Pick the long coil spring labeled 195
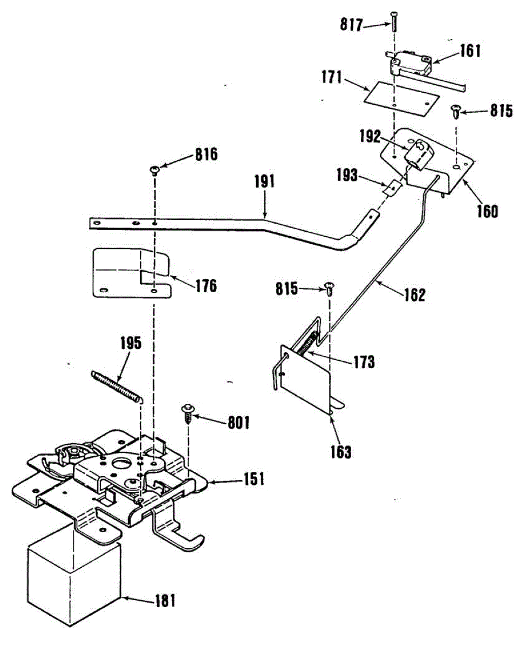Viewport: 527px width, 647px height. point(118,387)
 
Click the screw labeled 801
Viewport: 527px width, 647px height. point(189,415)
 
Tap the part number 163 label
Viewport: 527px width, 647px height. point(341,452)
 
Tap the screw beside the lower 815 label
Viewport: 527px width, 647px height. point(328,287)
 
